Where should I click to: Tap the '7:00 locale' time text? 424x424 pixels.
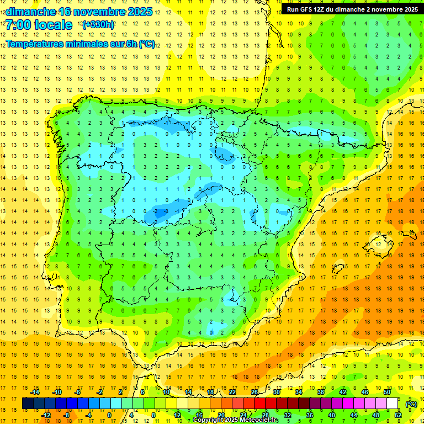coord(39,25)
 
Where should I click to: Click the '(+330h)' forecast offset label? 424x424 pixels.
coord(98,25)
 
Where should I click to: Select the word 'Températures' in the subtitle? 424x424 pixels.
coord(37,44)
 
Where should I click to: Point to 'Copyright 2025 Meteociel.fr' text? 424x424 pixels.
coord(235,420)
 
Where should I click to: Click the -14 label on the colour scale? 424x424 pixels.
coord(35,392)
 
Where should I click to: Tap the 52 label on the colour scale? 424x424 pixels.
coord(398,415)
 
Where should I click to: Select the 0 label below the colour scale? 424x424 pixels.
coord(109,415)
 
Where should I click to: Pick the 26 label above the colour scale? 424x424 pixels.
coord(255,392)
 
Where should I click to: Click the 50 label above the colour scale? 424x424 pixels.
coord(387,392)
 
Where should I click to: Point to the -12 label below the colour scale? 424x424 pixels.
coord(46,415)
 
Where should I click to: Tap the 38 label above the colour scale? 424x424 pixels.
coord(321,392)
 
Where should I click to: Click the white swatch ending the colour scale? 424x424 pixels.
coord(393,404)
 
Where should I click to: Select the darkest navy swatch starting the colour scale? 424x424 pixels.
coord(28,404)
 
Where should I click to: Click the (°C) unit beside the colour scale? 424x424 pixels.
coord(411,404)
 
